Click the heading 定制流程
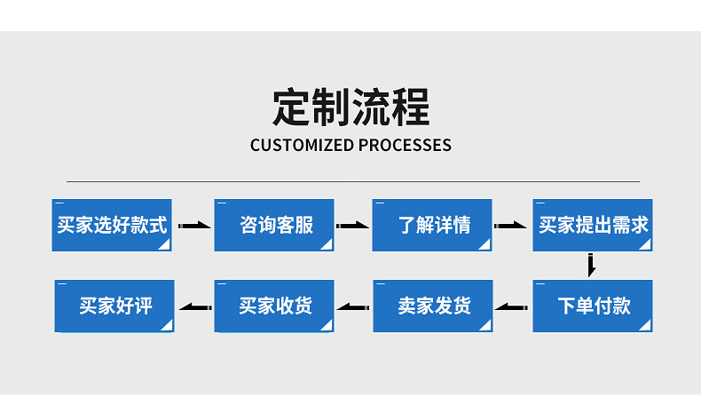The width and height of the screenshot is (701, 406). [x=350, y=107]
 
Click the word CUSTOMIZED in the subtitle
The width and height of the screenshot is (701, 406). [x=302, y=146]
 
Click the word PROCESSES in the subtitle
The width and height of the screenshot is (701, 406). [x=405, y=146]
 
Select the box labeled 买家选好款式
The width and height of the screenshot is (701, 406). [x=112, y=225]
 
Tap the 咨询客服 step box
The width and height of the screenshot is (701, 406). [x=274, y=225]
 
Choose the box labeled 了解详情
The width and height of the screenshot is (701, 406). [x=432, y=225]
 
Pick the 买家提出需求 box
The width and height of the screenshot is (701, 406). [x=593, y=225]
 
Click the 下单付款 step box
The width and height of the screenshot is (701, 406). [x=593, y=306]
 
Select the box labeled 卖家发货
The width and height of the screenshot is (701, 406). [x=432, y=306]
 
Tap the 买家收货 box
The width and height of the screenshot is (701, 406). [x=274, y=306]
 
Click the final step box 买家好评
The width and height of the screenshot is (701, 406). [x=114, y=306]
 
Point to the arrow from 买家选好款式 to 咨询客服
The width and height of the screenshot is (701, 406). [x=193, y=226]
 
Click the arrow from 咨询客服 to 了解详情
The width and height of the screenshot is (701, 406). [x=353, y=226]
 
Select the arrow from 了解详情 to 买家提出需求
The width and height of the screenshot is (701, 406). [x=512, y=226]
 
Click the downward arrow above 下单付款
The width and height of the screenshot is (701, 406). [x=591, y=265]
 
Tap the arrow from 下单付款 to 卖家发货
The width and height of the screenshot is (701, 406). [x=512, y=307]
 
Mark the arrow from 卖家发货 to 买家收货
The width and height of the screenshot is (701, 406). [x=353, y=307]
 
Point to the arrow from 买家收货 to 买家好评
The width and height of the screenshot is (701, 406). [x=194, y=307]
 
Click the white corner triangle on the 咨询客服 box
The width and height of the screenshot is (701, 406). [x=327, y=244]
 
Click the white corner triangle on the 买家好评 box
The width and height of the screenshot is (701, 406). [x=167, y=326]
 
